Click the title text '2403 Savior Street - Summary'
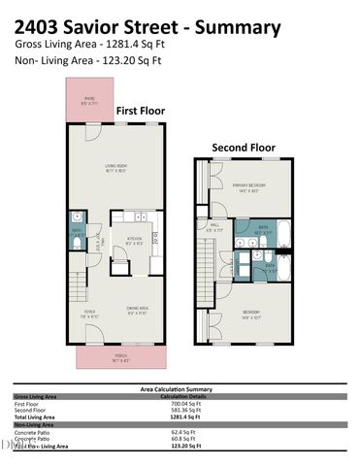[148, 27]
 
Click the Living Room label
[117, 168]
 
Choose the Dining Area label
[137, 311]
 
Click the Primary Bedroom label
[248, 187]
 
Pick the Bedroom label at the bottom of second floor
[250, 313]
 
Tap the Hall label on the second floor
[214, 228]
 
